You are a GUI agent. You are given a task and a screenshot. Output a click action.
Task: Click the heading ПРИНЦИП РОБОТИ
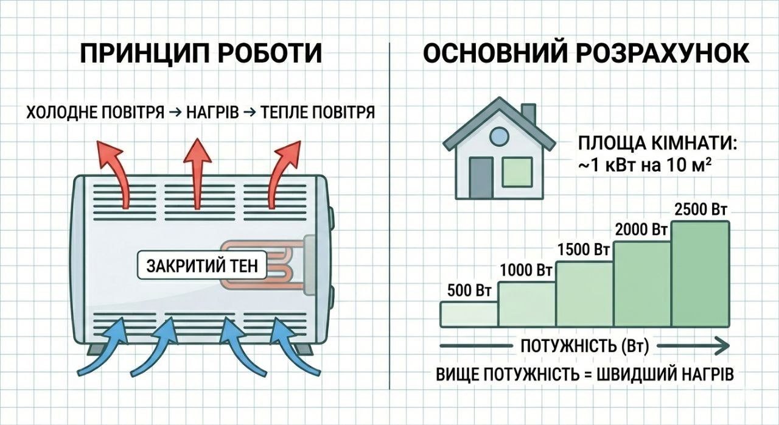[201, 54]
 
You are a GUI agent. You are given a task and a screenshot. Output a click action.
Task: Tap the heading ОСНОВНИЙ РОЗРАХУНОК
[585, 54]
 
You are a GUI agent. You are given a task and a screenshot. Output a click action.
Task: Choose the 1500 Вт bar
[584, 293]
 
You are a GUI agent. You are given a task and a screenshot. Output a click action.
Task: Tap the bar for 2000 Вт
[642, 283]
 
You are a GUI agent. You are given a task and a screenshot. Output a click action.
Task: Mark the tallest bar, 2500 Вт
[700, 273]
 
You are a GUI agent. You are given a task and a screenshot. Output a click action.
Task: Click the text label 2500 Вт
[701, 210]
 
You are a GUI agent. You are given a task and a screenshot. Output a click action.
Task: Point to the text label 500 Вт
[469, 290]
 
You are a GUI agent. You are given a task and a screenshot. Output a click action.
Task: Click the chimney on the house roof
[528, 114]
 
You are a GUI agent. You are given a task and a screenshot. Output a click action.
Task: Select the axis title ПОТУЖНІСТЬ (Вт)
[584, 346]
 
